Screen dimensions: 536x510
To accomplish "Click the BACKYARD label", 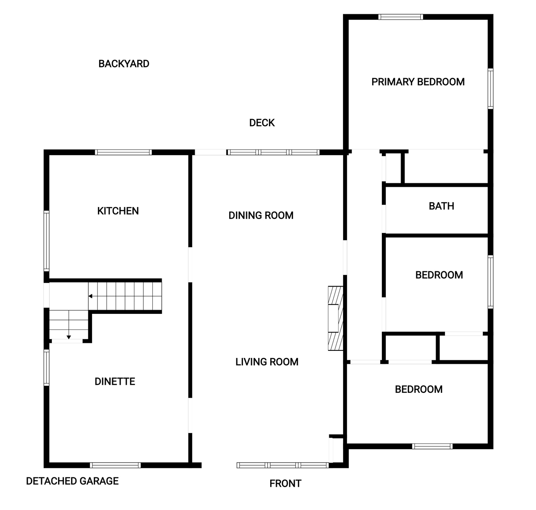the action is click(x=124, y=64).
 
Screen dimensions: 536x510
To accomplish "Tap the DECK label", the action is click(x=262, y=123).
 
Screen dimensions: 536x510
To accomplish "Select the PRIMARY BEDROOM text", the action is click(x=418, y=82).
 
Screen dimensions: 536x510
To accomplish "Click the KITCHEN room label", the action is click(x=118, y=211).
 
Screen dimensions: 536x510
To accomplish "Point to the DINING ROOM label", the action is click(x=261, y=215).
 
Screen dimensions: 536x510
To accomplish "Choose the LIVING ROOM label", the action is click(x=267, y=362).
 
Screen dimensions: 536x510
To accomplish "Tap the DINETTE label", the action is click(x=115, y=381).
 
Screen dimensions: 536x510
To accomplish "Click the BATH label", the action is click(x=441, y=206).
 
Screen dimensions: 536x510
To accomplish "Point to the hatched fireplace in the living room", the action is click(x=335, y=318).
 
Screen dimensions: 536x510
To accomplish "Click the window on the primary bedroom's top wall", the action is click(x=401, y=17).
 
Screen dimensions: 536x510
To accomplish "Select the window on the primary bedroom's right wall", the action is click(x=490, y=89).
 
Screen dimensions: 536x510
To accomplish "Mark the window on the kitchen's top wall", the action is click(x=123, y=152).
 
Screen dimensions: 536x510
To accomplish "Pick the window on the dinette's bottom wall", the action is click(x=115, y=465).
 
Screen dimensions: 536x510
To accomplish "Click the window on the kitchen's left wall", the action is click(x=46, y=241).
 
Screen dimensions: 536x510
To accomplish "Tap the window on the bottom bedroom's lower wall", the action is click(x=432, y=446).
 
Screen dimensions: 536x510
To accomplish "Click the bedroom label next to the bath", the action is click(x=439, y=275).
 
